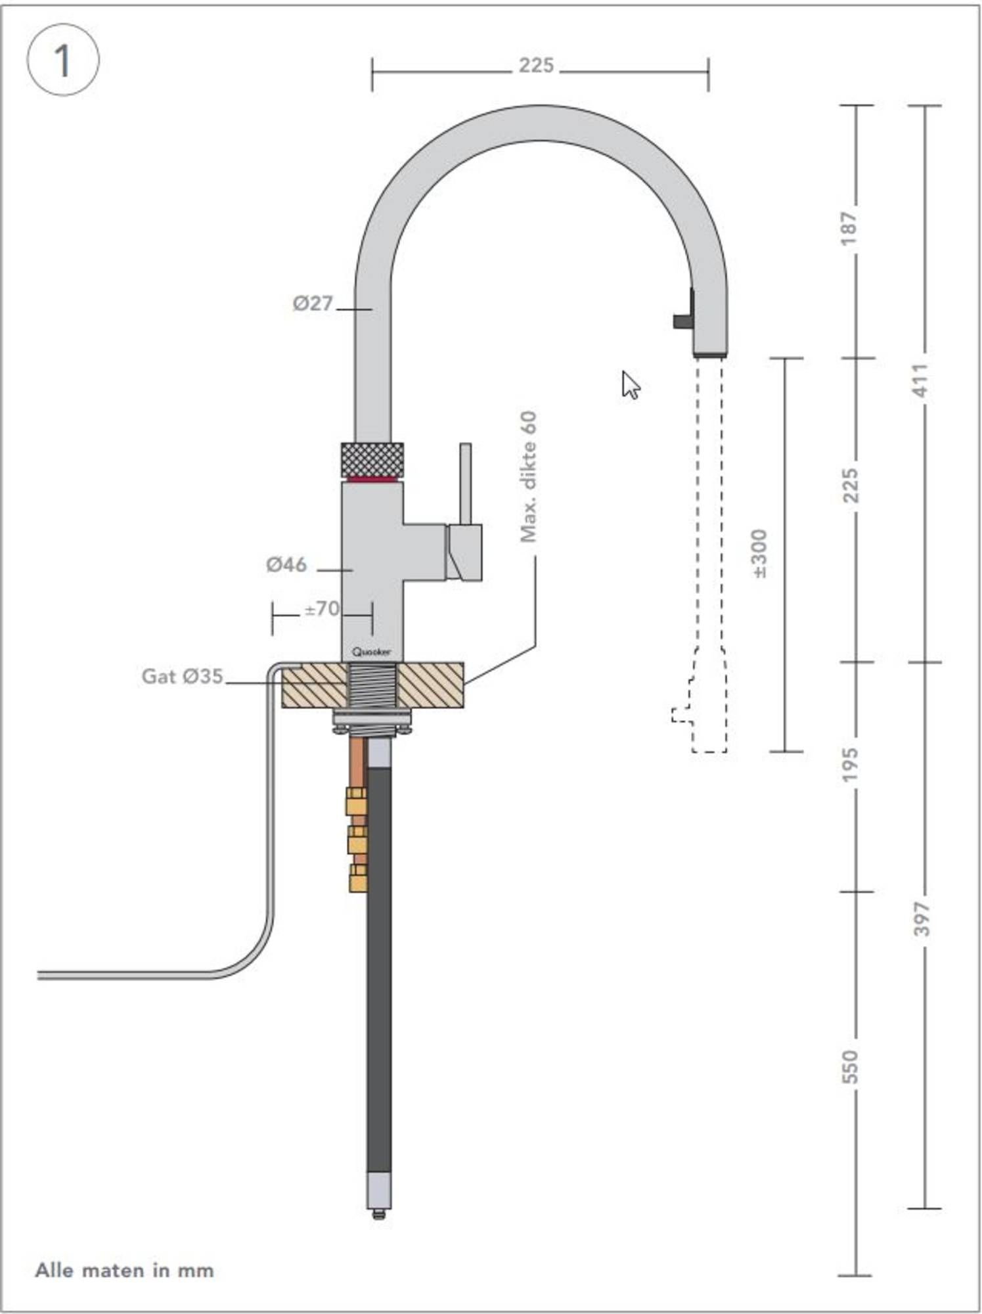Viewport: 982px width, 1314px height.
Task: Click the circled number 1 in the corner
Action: [62, 60]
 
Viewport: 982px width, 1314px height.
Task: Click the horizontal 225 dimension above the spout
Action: [536, 66]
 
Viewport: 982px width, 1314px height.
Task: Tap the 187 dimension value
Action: [849, 228]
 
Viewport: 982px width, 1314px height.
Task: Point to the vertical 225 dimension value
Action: [850, 485]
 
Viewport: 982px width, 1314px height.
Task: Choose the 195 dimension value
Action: [849, 764]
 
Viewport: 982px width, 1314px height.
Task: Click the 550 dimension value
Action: [849, 1067]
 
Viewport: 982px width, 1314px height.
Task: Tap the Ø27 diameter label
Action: [313, 304]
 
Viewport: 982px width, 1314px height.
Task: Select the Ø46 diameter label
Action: [286, 564]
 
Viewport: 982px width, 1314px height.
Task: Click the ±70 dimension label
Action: [322, 609]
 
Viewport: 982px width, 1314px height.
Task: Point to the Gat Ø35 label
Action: [183, 676]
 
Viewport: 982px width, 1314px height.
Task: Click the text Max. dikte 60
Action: [529, 476]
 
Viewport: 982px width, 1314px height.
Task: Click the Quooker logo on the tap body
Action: [371, 652]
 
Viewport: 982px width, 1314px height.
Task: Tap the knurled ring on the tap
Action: [372, 459]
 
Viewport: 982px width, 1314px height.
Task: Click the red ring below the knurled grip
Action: [372, 480]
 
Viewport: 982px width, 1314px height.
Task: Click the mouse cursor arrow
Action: [630, 384]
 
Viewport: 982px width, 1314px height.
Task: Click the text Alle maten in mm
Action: [125, 1270]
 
